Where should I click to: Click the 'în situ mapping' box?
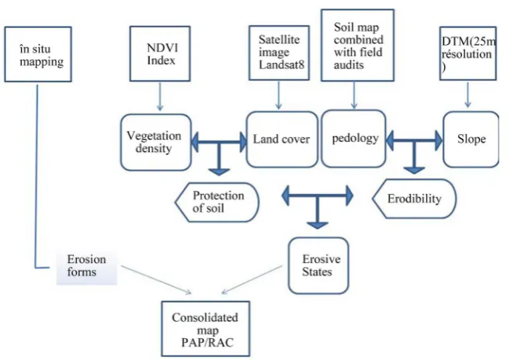pos(38,54)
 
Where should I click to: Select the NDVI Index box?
pos(160,54)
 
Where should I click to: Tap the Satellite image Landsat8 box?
pos(279,53)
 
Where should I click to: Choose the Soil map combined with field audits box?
pos(357,45)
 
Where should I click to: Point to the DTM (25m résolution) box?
pos(468,54)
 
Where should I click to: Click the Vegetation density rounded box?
pos(156,142)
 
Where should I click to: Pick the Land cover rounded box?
pos(282,139)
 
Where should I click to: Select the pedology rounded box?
pos(354,138)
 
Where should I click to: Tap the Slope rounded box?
pos(471,139)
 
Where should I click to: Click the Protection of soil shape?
pos(217,202)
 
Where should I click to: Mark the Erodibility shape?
pos(414,199)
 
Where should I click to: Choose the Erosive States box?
pos(318,265)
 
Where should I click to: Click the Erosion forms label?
pos(86,265)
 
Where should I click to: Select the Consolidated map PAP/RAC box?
pos(205,329)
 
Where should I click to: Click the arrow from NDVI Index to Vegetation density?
pos(160,96)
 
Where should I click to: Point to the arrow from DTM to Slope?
pos(468,95)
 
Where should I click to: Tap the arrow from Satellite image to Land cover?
pos(279,95)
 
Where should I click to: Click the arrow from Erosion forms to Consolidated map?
pos(156,279)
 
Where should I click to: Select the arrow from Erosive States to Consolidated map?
pos(252,279)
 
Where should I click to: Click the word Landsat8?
pos(281,64)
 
